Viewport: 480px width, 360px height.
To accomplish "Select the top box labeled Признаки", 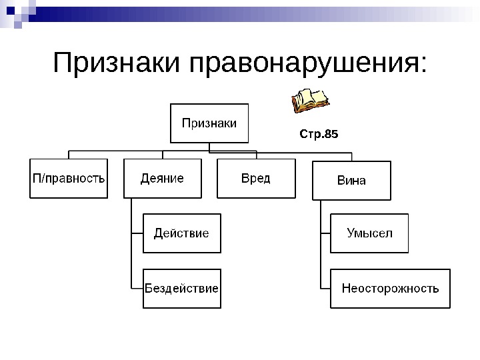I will click(x=209, y=123).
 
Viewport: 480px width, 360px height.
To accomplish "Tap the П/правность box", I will click(x=69, y=178).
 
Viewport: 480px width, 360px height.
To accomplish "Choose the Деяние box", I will click(x=162, y=178).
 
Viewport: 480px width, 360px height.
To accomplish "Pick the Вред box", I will click(x=256, y=178).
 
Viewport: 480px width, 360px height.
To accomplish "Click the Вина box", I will click(x=351, y=180).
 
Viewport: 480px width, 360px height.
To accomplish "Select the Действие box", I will click(x=181, y=233).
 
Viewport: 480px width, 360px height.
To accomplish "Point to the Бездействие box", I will click(x=181, y=289).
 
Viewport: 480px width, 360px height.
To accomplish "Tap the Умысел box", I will click(x=369, y=233).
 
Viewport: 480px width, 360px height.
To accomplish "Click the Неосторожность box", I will click(x=390, y=289).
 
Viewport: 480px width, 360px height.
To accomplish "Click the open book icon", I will click(x=310, y=101).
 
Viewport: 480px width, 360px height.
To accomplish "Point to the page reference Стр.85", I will click(x=319, y=135).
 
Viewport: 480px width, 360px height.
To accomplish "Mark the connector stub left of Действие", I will click(x=137, y=233).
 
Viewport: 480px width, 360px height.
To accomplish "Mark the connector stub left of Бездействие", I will click(x=137, y=289).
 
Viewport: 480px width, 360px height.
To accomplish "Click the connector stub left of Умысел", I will click(x=325, y=233).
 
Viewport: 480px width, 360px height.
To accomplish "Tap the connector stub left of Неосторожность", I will click(x=325, y=289).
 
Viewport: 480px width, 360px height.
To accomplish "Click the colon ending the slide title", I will click(x=420, y=67).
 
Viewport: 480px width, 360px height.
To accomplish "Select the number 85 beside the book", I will click(x=331, y=135).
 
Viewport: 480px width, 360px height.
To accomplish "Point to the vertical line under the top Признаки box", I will click(x=209, y=147).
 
